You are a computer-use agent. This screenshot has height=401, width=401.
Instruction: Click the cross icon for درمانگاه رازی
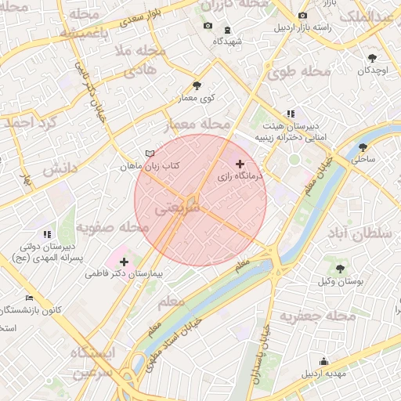pyautogui.click(x=240, y=164)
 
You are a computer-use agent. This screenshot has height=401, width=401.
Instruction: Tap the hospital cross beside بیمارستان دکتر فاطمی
pyautogui.click(x=124, y=261)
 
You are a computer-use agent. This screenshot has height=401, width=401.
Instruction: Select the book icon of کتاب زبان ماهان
pyautogui.click(x=150, y=153)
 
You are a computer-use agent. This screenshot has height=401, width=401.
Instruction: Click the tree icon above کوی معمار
pyautogui.click(x=197, y=85)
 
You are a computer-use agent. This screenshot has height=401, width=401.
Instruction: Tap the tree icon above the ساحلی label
pyautogui.click(x=363, y=146)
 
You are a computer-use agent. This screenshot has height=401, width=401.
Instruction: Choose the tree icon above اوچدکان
pyautogui.click(x=372, y=58)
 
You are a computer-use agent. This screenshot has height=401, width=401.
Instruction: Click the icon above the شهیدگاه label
pyautogui.click(x=227, y=30)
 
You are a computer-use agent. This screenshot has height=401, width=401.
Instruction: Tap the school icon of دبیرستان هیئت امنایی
pyautogui.click(x=291, y=114)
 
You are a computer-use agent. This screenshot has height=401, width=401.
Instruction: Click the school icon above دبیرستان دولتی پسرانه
pyautogui.click(x=47, y=233)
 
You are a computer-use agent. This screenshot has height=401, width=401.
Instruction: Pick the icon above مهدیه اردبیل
pyautogui.click(x=323, y=361)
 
